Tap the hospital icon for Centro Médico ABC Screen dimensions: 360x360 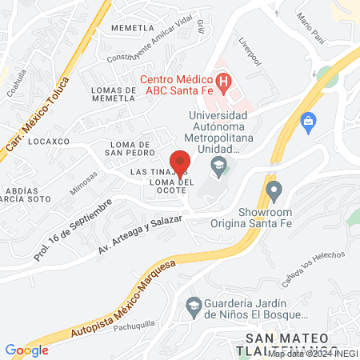[224, 82]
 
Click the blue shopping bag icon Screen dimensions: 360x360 [307, 121]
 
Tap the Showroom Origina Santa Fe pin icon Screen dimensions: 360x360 [274, 191]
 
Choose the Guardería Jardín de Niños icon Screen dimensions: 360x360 [193, 305]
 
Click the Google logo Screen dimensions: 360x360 [26, 350]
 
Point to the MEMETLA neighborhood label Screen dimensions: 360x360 [132, 27]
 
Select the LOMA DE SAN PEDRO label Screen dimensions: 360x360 [138, 150]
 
